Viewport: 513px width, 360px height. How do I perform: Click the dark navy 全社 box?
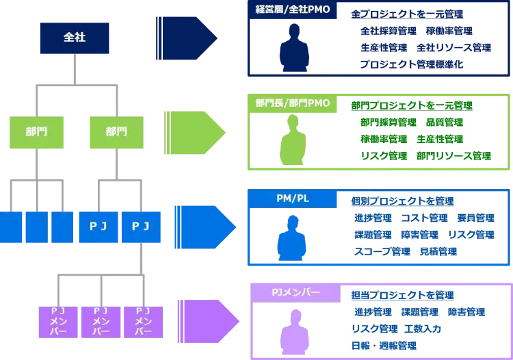click(74, 38)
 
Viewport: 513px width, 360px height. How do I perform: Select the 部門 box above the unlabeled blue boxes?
click(34, 131)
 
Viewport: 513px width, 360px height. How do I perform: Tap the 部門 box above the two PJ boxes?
click(116, 131)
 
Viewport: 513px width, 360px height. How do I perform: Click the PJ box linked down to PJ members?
click(142, 227)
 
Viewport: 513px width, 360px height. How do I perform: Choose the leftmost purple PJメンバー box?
click(58, 320)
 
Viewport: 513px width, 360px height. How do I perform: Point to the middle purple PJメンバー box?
click(101, 320)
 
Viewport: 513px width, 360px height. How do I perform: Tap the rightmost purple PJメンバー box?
click(142, 320)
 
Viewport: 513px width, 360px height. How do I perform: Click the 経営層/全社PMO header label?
click(293, 11)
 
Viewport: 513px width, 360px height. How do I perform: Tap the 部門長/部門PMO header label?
click(292, 104)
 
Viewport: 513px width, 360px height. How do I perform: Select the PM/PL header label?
click(293, 198)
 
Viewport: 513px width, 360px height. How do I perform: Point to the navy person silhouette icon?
click(294, 51)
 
